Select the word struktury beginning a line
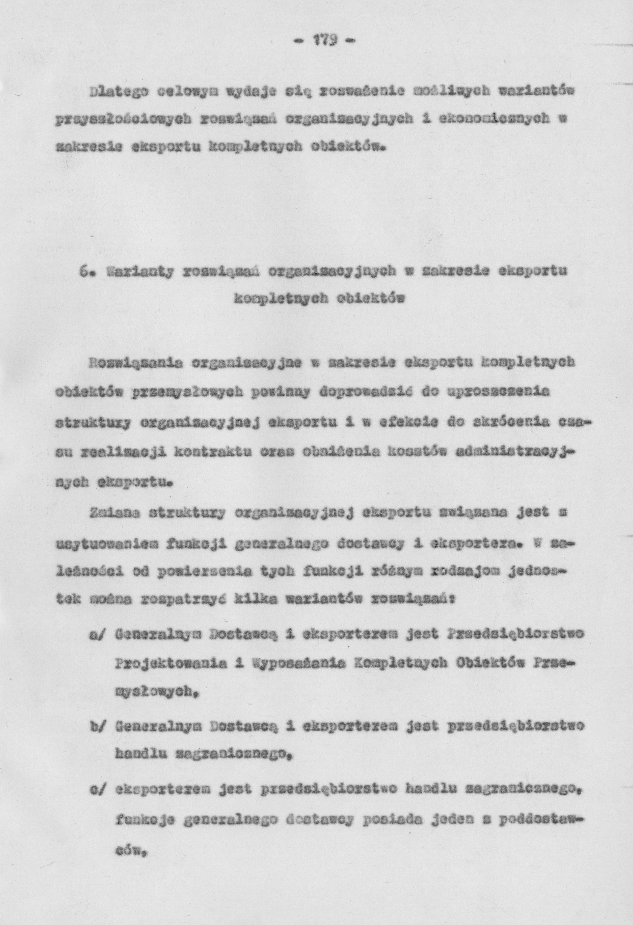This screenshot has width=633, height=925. (94, 423)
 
